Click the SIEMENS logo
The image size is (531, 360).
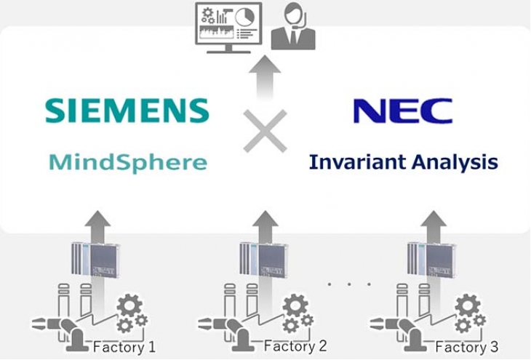pyautogui.click(x=127, y=111)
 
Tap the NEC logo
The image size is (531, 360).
pyautogui.click(x=403, y=111)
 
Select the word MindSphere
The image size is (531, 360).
pyautogui.click(x=128, y=163)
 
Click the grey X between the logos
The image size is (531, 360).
pyautogui.click(x=265, y=131)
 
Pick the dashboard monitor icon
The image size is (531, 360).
pyautogui.click(x=229, y=28)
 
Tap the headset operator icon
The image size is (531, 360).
pyautogui.click(x=293, y=26)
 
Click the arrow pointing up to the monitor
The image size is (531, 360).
pyautogui.click(x=265, y=77)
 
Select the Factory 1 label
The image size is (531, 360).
pyautogui.click(x=124, y=347)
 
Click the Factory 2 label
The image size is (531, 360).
pyautogui.click(x=295, y=346)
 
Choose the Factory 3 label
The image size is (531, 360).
pyautogui.click(x=466, y=347)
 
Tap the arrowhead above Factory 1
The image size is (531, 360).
pyautogui.click(x=97, y=219)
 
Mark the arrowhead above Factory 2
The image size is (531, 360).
pyautogui.click(x=265, y=219)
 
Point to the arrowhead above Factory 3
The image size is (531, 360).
pyautogui.click(x=433, y=219)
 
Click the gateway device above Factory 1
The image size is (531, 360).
pyautogui.click(x=96, y=260)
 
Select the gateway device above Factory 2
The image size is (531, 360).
pyautogui.click(x=264, y=259)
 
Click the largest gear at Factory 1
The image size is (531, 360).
pyautogui.click(x=129, y=306)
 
